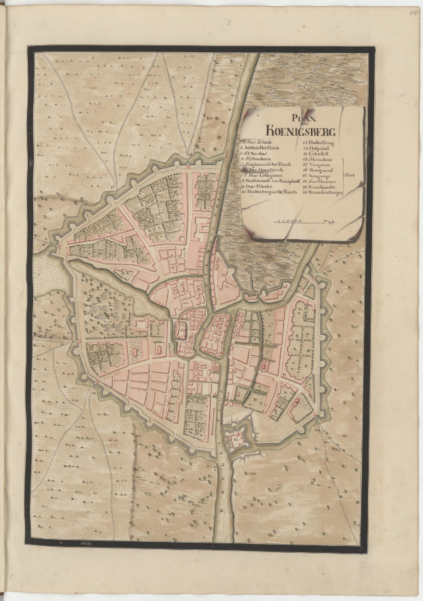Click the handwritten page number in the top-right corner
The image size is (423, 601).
click(x=413, y=12)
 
